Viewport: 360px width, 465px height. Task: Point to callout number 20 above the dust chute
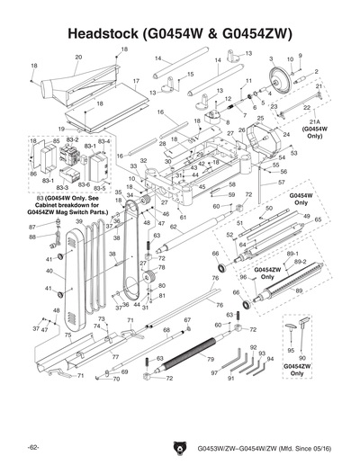point(78,58)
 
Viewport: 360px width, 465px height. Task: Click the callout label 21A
point(314,121)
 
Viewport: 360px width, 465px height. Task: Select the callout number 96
point(242,279)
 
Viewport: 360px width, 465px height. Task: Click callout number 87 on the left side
point(32,228)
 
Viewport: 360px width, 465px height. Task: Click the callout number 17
point(136,82)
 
